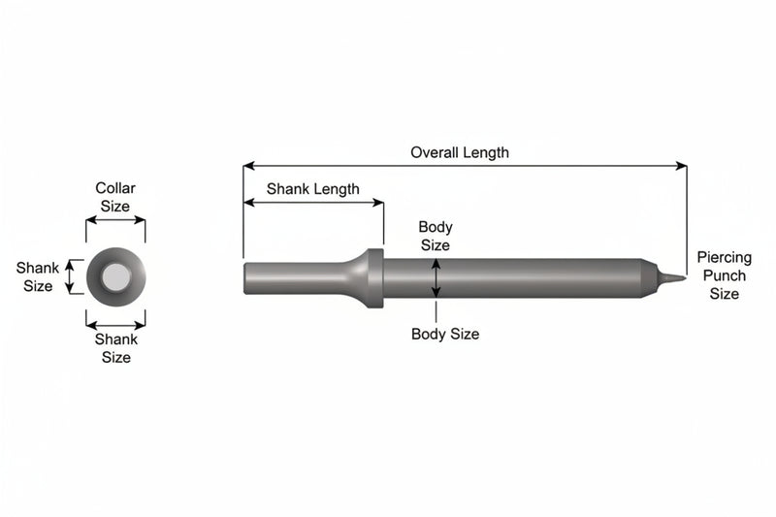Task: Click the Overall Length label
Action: point(460,153)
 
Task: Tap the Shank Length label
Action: point(312,189)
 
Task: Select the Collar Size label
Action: point(115,197)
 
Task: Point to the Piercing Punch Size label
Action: point(724,275)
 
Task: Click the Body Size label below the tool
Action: point(445,334)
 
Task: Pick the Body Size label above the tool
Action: point(435,236)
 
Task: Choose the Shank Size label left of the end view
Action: point(37,277)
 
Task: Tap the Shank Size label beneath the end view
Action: point(115,348)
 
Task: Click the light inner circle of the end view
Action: point(116,276)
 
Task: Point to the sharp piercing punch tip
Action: point(685,277)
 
